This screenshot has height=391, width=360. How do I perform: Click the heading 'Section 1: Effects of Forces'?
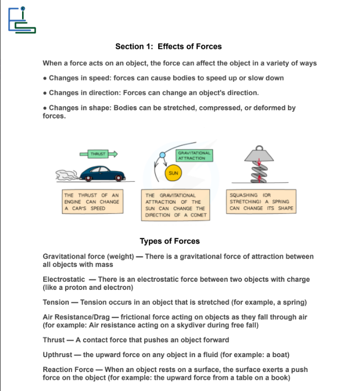(168, 47)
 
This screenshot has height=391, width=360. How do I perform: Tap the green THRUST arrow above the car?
(99, 153)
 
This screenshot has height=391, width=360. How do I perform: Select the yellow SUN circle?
(173, 173)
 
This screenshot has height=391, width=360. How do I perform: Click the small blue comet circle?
(162, 154)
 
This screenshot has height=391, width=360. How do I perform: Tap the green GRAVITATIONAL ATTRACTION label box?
(194, 155)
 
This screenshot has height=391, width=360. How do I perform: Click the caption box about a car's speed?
(92, 202)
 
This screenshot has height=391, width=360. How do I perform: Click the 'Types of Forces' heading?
(169, 241)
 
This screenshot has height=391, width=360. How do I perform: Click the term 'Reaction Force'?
(68, 369)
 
